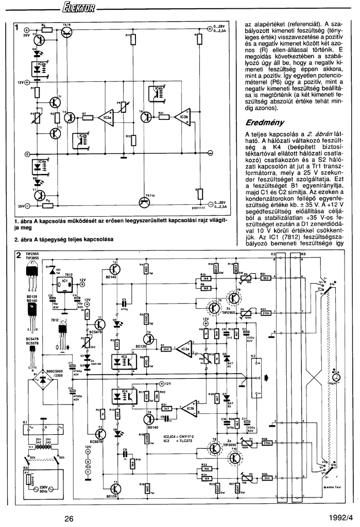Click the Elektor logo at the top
77,8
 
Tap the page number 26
69,518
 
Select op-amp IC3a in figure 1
107,118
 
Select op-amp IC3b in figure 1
183,117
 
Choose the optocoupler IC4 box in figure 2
120,397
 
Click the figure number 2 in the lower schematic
19,256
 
